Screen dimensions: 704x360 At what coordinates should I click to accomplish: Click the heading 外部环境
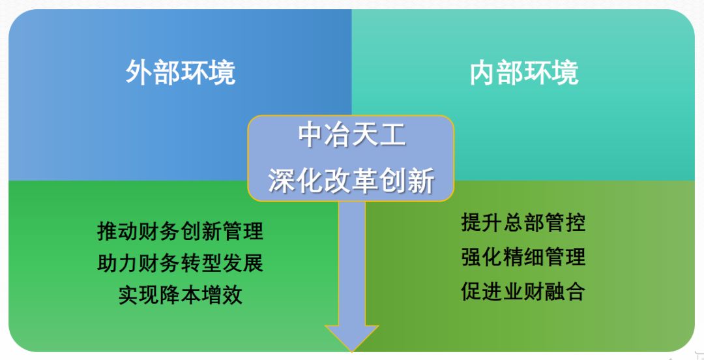(181, 72)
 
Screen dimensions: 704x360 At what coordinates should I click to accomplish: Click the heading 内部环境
(524, 72)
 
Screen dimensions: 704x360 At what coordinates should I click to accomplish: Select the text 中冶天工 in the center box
(352, 135)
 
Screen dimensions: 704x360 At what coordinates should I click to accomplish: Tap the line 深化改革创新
(351, 181)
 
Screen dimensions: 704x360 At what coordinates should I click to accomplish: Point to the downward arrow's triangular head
(351, 338)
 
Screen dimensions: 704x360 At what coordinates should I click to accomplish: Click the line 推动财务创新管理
(181, 231)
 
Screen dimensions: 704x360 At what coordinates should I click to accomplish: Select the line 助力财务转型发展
(181, 263)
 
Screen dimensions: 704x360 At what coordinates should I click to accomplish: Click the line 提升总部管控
(523, 222)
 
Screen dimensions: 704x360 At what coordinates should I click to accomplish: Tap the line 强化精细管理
(523, 257)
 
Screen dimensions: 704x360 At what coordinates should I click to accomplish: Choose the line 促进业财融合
(523, 292)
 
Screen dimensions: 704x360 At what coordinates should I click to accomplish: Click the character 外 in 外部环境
(139, 72)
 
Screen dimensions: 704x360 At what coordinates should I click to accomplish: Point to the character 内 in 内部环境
(482, 72)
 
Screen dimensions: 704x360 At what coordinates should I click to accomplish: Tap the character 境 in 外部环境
(222, 72)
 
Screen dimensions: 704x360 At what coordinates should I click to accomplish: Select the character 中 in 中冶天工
(312, 135)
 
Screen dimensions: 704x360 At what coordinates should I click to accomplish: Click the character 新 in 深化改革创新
(421, 181)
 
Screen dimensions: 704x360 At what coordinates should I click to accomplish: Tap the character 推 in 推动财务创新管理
(108, 231)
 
